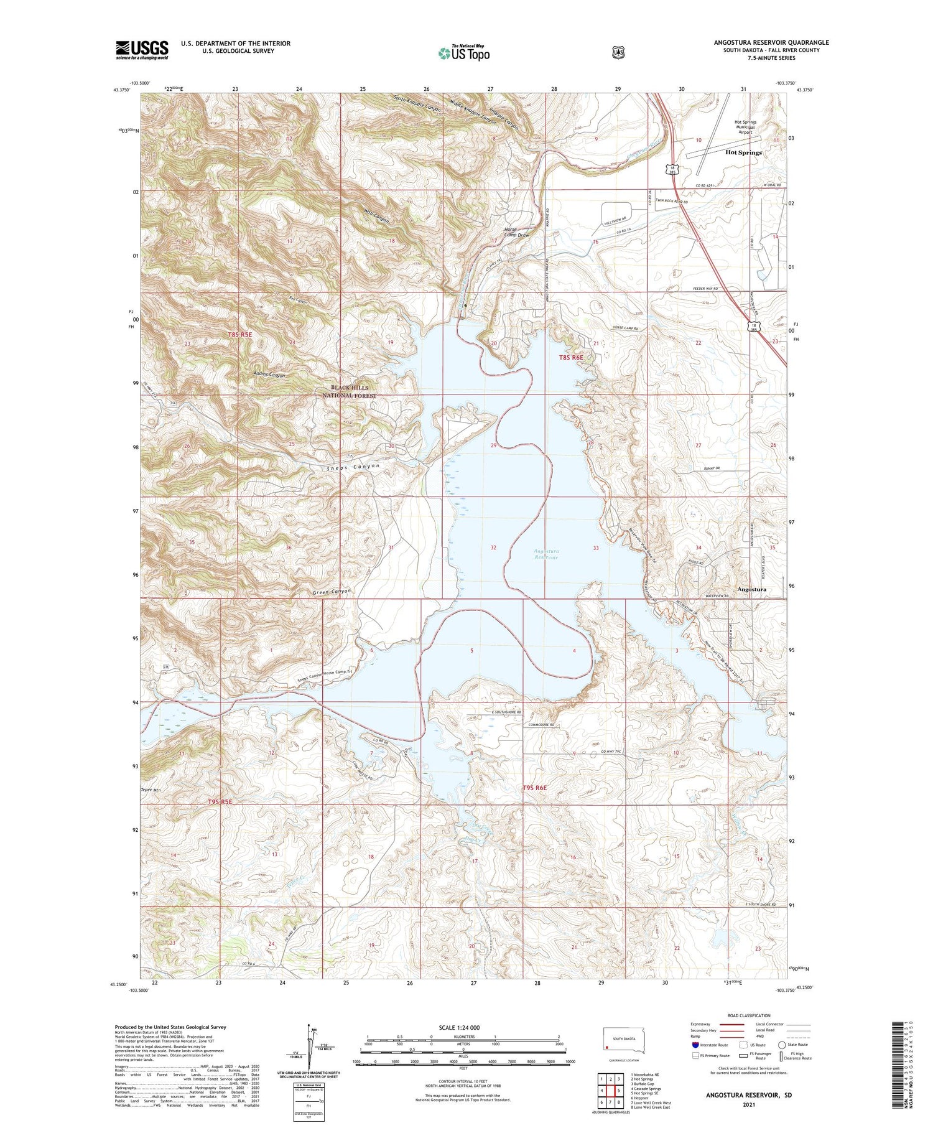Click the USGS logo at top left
[x=142, y=50]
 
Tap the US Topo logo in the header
[x=464, y=53]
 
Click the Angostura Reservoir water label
[x=545, y=554]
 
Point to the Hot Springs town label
[x=743, y=152]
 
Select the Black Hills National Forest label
[x=350, y=391]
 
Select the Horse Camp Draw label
[x=516, y=232]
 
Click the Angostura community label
[x=751, y=589]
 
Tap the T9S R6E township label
[x=534, y=788]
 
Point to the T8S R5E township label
[x=240, y=335]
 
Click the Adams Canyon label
[x=269, y=375]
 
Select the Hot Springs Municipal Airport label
[x=745, y=127]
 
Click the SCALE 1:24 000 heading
[x=459, y=1027]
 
